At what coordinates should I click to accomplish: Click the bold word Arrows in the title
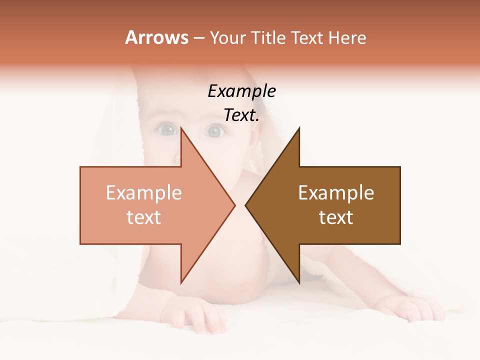tap(156, 37)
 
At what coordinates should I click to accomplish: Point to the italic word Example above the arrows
tap(241, 91)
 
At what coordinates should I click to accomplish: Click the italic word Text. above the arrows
tap(241, 115)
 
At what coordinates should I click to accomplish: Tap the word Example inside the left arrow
tap(144, 193)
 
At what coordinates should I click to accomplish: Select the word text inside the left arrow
tap(144, 217)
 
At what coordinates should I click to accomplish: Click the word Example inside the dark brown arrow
tap(336, 193)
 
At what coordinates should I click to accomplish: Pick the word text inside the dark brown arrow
tap(336, 217)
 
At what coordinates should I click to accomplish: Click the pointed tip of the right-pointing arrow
tap(234, 205)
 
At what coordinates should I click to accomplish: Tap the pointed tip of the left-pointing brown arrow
tap(246, 205)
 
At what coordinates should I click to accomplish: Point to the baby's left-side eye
tap(167, 130)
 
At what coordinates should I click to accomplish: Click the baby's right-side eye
tap(214, 131)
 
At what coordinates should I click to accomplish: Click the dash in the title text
tap(198, 38)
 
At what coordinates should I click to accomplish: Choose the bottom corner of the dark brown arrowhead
tap(299, 282)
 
